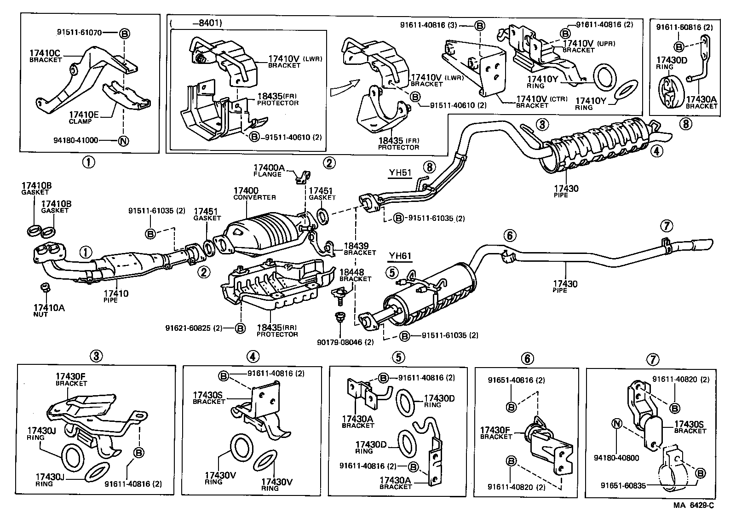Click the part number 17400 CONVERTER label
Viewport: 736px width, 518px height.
pos(254,193)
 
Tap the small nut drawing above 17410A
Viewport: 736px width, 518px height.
pos(45,288)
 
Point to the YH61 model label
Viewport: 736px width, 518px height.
pos(399,256)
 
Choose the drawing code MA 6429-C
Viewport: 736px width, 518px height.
pos(694,505)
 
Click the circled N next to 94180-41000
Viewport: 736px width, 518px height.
pos(123,141)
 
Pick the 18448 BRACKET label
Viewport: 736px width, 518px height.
pos(355,275)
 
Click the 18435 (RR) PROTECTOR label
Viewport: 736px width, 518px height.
pos(277,330)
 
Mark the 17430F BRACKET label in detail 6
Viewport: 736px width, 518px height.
pos(496,432)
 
